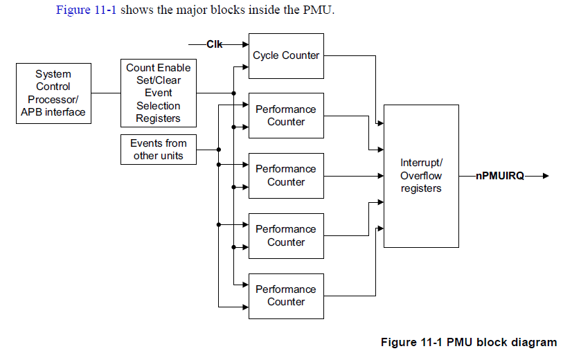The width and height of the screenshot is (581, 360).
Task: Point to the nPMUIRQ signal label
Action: point(500,176)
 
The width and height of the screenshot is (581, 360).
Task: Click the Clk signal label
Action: point(215,44)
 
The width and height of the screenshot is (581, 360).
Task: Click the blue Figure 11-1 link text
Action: point(86,10)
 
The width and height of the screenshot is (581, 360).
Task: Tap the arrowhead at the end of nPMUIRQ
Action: point(546,176)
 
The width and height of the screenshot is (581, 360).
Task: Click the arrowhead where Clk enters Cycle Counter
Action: point(245,44)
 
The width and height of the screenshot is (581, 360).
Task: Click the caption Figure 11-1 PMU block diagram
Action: point(469,342)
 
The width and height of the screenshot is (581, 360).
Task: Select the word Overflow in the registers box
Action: point(421,176)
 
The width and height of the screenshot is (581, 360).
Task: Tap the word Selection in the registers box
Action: point(158,106)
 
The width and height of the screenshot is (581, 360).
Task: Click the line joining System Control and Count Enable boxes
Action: point(106,93)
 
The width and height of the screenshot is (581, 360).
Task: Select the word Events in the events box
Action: point(145,143)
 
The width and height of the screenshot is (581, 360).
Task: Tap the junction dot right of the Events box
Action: point(219,150)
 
